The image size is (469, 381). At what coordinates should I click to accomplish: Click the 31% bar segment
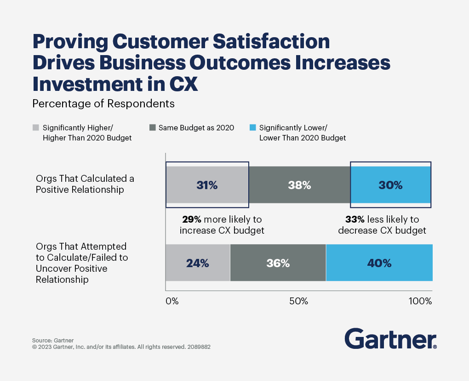coord(207,185)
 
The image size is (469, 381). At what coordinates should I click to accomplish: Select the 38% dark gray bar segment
coord(299,185)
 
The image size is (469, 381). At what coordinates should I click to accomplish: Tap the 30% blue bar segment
coord(390,185)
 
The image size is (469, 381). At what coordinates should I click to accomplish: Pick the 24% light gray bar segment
coord(198,263)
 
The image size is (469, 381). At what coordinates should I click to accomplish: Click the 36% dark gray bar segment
coord(278,263)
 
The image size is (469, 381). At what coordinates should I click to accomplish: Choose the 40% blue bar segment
coord(379,263)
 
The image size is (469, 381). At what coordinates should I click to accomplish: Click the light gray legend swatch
coord(35,128)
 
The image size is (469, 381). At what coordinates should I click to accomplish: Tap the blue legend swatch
coord(252,128)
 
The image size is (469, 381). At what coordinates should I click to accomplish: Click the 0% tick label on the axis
coord(172,302)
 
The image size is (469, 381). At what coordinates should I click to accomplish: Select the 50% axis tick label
coord(298,302)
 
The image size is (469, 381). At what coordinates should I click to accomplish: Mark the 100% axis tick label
coord(420,302)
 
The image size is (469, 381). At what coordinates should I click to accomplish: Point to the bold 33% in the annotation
coord(355,219)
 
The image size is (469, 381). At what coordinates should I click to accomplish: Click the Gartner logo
coord(390,339)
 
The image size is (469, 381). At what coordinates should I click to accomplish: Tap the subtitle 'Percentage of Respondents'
coord(103,104)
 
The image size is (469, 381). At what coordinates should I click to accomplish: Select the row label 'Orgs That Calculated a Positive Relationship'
coord(85,184)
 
